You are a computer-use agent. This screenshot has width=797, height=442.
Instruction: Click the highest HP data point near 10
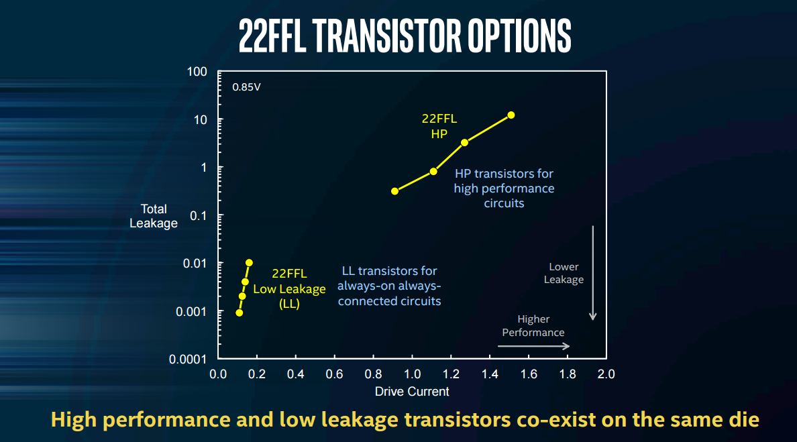511,115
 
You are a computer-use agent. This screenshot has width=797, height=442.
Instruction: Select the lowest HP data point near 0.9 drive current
394,191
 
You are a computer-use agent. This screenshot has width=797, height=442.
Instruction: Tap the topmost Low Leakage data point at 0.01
249,263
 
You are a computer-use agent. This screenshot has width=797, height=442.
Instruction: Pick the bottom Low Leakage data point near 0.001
239,313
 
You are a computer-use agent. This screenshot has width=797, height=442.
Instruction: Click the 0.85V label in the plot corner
247,87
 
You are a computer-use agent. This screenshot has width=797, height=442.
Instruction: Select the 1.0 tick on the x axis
412,374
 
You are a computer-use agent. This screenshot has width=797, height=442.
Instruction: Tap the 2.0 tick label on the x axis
606,374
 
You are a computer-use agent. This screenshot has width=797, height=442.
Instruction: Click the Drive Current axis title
412,391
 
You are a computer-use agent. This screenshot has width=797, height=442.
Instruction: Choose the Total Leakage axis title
154,216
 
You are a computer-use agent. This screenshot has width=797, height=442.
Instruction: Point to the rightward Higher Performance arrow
533,346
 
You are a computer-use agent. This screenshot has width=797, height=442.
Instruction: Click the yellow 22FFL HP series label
439,126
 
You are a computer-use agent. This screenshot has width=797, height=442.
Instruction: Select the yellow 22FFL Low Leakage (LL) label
289,288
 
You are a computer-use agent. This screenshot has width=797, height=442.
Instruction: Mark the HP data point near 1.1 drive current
433,171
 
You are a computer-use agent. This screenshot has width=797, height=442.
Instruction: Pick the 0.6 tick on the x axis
335,374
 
